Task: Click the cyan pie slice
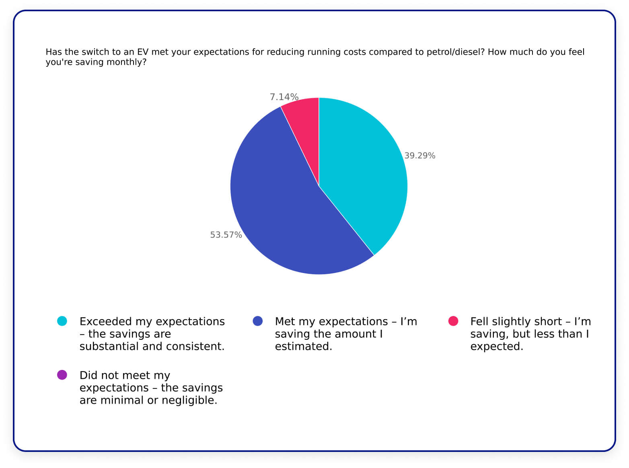click(362, 169)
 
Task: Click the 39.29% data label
click(419, 156)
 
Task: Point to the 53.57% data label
click(226, 235)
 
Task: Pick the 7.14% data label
click(284, 97)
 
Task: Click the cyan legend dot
click(62, 321)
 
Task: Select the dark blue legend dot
click(257, 321)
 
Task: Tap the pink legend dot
click(453, 321)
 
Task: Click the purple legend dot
click(62, 375)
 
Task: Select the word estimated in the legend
click(303, 346)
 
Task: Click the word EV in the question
click(143, 52)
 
